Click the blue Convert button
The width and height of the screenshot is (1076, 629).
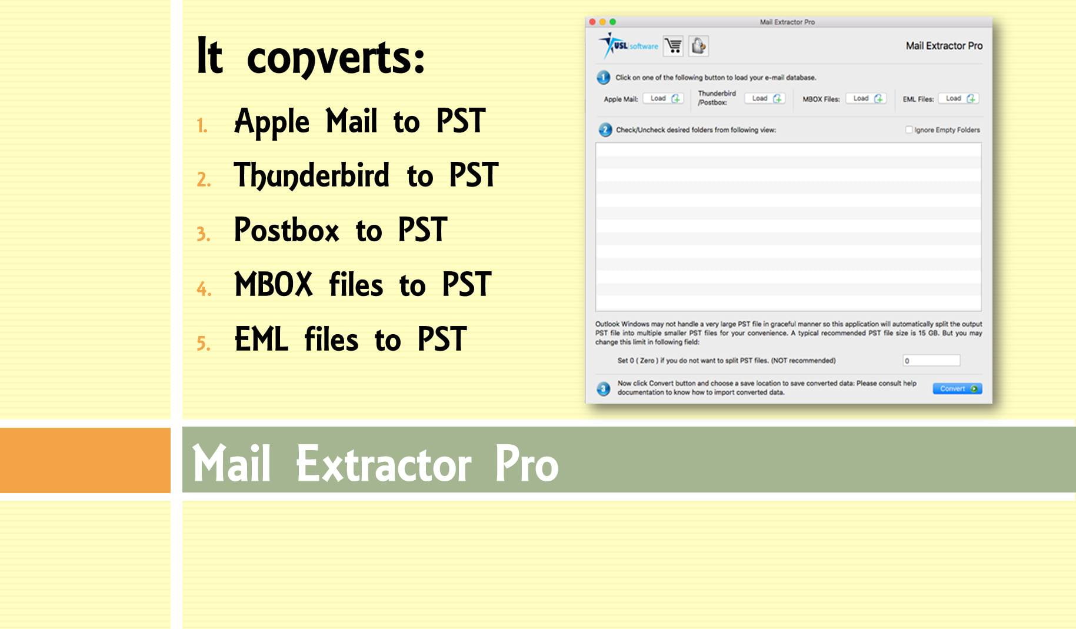(x=957, y=388)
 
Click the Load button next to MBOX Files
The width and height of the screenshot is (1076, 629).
(x=866, y=98)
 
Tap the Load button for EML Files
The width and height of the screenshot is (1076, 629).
(x=958, y=98)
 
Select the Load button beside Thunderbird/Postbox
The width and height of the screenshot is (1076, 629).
(x=765, y=98)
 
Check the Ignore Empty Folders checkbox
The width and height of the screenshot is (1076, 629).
(x=909, y=129)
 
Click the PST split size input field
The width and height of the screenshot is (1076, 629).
(x=931, y=360)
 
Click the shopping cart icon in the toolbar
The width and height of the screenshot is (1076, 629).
(x=673, y=46)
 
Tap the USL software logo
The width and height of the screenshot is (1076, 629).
(x=628, y=45)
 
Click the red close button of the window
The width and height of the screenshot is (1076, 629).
(x=592, y=22)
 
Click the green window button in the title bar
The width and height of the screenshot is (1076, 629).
(x=612, y=22)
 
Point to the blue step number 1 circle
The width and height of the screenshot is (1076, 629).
(x=604, y=78)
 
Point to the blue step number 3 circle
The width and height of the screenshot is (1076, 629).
(x=604, y=389)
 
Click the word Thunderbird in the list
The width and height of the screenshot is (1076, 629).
(x=312, y=176)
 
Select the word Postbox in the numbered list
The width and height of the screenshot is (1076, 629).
(x=287, y=229)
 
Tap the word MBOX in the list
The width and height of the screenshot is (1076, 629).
(x=274, y=284)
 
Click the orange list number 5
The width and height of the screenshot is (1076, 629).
(x=203, y=343)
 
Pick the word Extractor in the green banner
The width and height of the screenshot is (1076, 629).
(x=384, y=464)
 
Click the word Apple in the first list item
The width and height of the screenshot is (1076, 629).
(x=272, y=122)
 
